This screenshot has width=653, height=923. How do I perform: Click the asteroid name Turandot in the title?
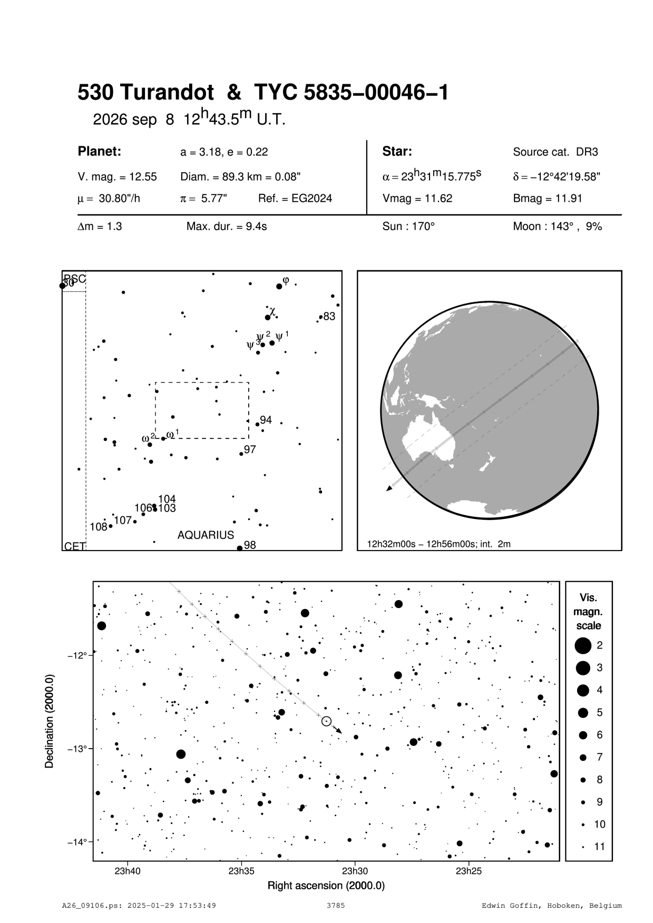(x=167, y=93)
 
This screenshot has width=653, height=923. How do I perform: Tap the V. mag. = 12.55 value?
(x=117, y=177)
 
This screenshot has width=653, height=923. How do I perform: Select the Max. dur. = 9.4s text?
(x=227, y=227)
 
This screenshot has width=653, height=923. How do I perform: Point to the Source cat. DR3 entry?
(x=555, y=152)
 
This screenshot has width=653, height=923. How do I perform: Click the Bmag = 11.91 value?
(x=544, y=199)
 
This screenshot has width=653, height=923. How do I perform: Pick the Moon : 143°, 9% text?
(x=557, y=227)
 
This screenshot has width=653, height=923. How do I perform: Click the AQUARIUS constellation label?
(x=206, y=535)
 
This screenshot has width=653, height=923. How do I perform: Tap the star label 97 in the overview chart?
(x=250, y=449)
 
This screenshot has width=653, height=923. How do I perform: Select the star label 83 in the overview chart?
(x=329, y=317)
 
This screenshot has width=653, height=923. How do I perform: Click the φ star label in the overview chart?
(x=286, y=280)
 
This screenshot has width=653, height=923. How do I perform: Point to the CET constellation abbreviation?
(x=74, y=547)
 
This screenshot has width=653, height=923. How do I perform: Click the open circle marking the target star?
(x=326, y=721)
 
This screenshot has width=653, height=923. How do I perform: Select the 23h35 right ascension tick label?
(x=241, y=871)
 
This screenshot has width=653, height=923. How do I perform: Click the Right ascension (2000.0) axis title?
(x=326, y=886)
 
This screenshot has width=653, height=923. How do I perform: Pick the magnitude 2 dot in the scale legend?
(x=583, y=645)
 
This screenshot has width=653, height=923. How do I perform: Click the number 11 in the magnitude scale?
(x=600, y=847)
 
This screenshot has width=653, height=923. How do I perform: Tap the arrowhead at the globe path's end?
(x=389, y=489)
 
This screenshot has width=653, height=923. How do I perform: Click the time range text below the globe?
(x=438, y=544)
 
